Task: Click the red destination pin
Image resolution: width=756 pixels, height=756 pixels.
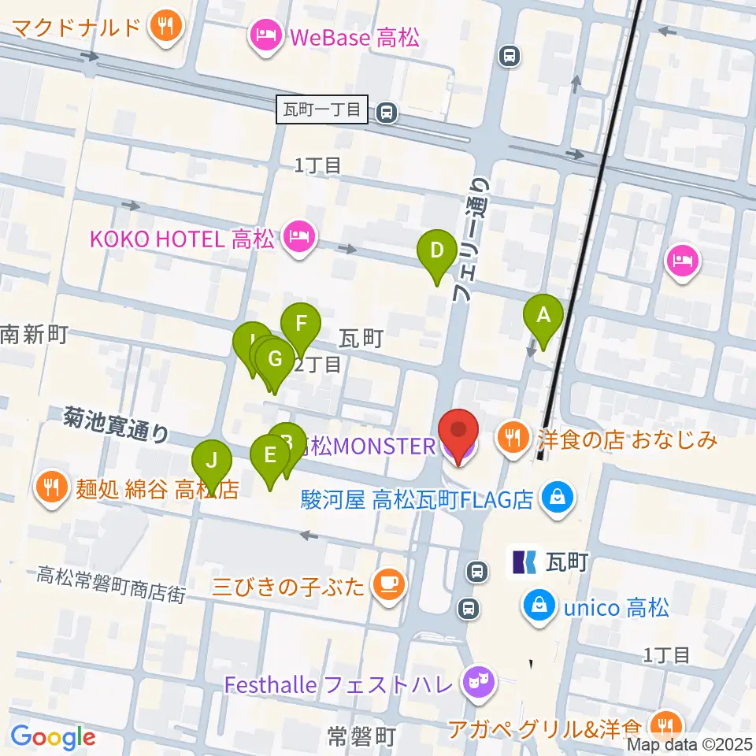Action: [459, 432]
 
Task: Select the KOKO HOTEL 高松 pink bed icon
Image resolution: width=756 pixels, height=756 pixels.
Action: [298, 237]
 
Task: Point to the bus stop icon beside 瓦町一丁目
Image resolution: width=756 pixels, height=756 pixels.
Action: [386, 112]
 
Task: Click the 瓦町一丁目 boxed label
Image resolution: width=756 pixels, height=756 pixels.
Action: [323, 109]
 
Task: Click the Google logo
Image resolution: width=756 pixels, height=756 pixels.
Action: [53, 738]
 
